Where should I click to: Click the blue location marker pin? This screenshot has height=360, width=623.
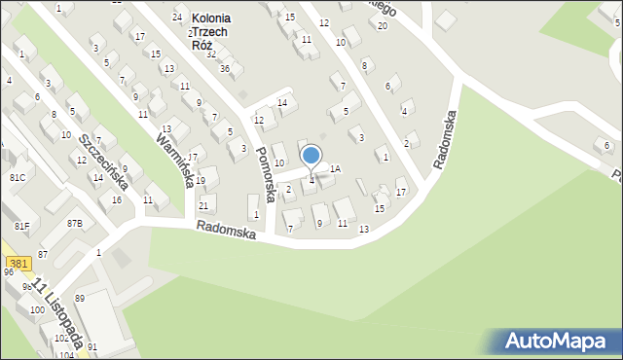[x=311, y=156]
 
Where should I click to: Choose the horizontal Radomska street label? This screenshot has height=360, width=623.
[x=225, y=231]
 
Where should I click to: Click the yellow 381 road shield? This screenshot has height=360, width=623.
[x=17, y=264]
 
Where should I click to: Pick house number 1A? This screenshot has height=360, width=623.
[x=335, y=168]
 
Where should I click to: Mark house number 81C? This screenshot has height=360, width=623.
[x=18, y=179]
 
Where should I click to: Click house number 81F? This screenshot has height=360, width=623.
[x=21, y=226]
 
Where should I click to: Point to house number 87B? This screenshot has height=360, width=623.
[x=75, y=224]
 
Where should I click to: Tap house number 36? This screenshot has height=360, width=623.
[x=225, y=68]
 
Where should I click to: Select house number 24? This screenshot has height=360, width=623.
[x=177, y=18]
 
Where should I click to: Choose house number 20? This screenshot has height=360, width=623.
[x=383, y=25]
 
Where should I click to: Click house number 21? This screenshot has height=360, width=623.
[x=203, y=205]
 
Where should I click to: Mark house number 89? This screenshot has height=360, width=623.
[x=80, y=298]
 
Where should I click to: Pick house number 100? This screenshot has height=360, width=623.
[x=36, y=309]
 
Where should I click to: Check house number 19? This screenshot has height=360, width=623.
[x=201, y=181]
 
